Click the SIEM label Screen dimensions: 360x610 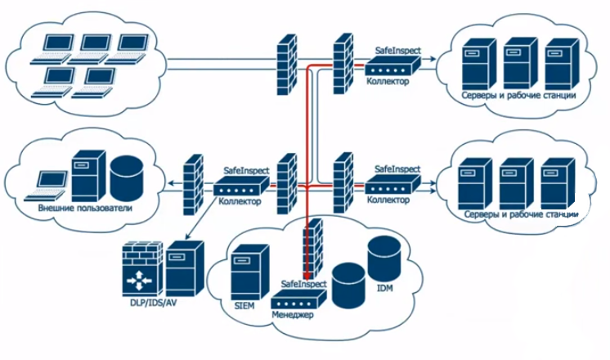pyautogui.click(x=244, y=305)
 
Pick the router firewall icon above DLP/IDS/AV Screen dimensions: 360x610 pyautogui.click(x=142, y=270)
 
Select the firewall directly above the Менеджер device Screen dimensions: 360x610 pyautogui.click(x=312, y=250)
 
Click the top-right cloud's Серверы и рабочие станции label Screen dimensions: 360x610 pyautogui.click(x=519, y=96)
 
